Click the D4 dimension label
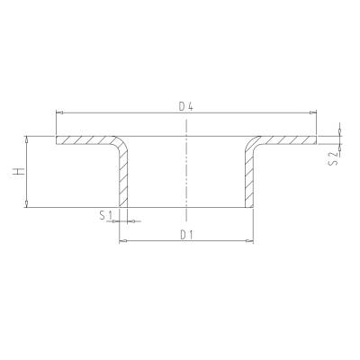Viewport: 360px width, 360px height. point(185,106)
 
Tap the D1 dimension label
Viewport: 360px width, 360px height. point(185,235)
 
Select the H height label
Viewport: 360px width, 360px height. point(19,173)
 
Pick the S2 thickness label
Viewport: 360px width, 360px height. point(333,158)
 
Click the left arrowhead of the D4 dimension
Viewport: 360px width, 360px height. point(59,112)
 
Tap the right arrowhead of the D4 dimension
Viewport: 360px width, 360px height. point(314,112)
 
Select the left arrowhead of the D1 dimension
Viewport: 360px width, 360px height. point(122,242)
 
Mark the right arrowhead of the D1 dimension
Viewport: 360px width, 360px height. point(251,242)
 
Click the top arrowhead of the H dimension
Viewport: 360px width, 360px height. point(28,139)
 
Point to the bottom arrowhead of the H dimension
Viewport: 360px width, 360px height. point(28,207)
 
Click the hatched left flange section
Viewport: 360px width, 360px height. point(85,141)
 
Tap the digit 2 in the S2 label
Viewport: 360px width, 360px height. point(333,154)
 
